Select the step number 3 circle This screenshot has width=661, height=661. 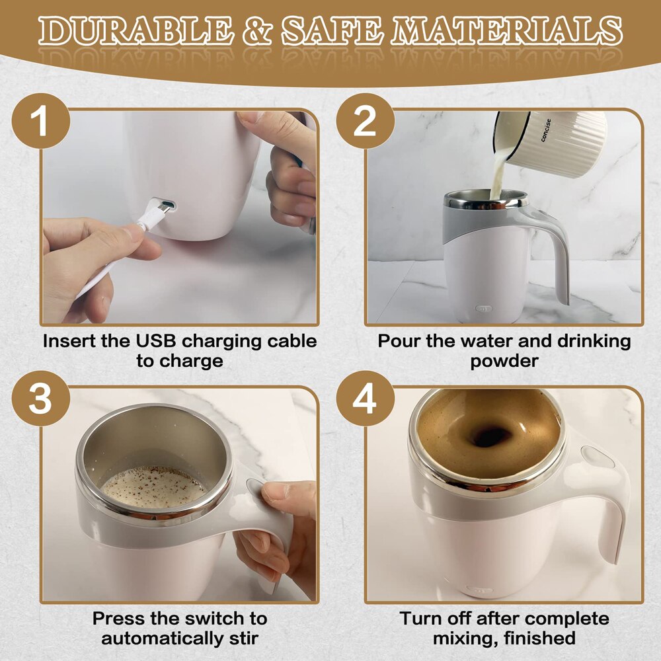(x=40, y=400)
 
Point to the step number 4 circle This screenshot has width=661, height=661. (x=364, y=400)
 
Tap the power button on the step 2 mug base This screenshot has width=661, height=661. (x=485, y=307)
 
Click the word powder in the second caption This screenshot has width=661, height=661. (x=504, y=362)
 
